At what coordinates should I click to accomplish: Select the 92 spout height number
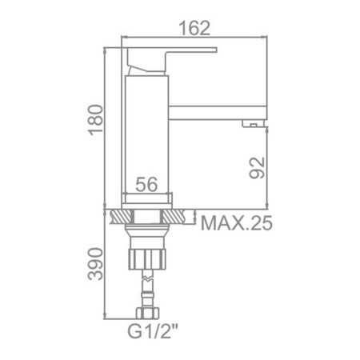click(257, 167)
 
